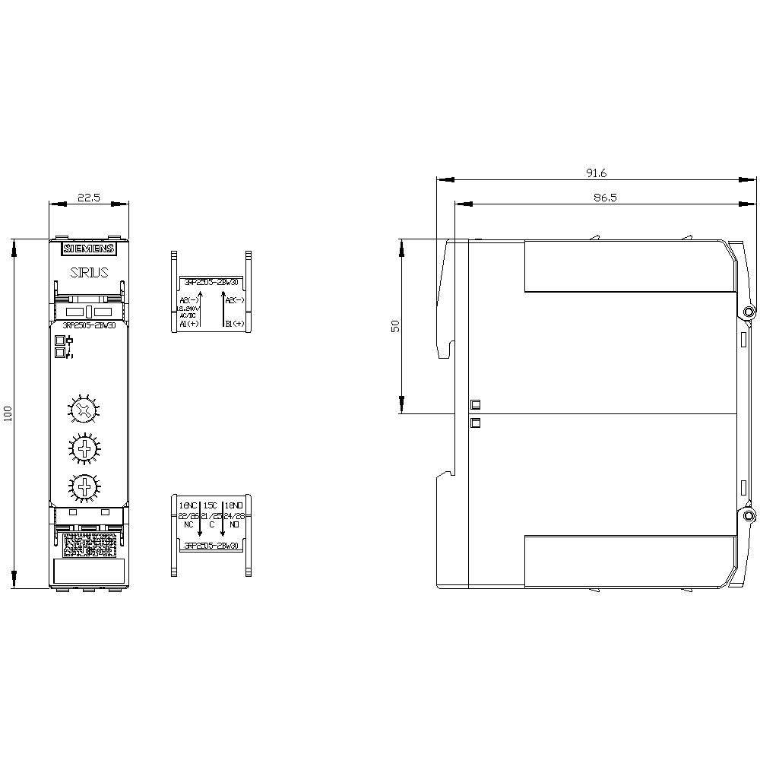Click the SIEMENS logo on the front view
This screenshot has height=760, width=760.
pos(89,249)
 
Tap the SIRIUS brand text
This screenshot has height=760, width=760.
pos(89,271)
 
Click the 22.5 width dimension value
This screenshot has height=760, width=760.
pos(89,198)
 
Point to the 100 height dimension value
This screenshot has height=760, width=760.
pos(8,413)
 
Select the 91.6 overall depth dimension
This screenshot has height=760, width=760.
pos(596,173)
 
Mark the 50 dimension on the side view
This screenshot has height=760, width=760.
pos(395,326)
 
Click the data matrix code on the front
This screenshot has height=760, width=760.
pos(89,544)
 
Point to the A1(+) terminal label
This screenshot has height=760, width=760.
pos(188,324)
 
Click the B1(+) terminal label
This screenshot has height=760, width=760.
pos(235,324)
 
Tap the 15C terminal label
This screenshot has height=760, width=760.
pos(211,505)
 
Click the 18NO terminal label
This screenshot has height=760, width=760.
pos(234,505)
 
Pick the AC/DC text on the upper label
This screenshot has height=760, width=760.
pos(187,315)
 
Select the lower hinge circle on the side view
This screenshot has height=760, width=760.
pos(749,517)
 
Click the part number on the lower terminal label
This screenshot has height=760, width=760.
pos(211,546)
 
